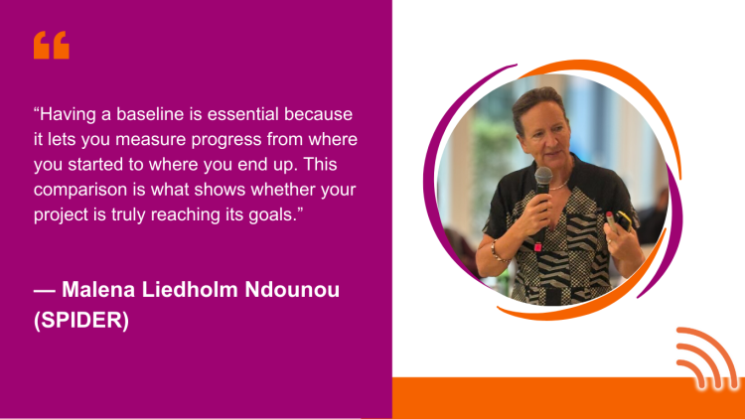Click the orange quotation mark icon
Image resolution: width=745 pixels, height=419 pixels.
pos(52,45)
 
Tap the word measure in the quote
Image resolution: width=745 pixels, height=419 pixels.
pos(150,140)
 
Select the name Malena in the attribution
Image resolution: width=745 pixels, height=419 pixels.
pos(98,289)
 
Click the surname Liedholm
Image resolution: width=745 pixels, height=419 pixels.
pos(190,289)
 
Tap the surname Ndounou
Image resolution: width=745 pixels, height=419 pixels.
pos(292,289)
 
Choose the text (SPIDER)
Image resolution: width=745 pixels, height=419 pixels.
pos(81,320)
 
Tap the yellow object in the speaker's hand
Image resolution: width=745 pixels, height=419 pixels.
pos(624,221)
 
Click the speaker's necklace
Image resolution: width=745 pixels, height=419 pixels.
pos(560,186)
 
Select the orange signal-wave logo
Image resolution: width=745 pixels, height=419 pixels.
pos(707,358)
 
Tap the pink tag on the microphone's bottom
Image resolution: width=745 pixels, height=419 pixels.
pos(537,246)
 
